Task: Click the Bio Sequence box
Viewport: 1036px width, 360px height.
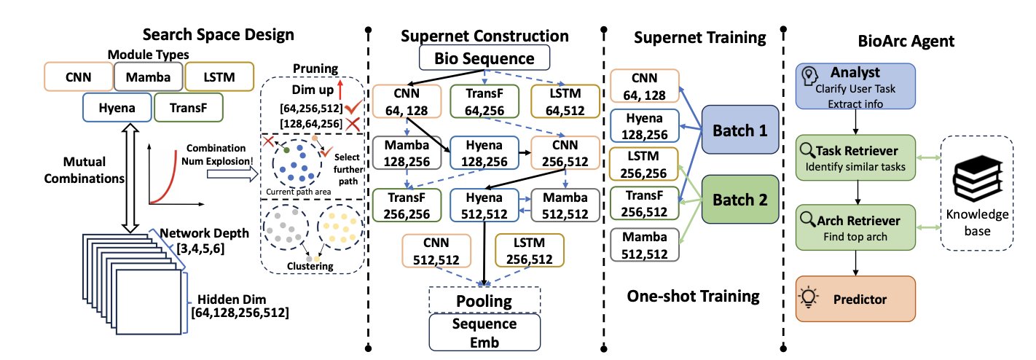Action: pos(484,58)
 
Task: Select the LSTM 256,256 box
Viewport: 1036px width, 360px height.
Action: pos(643,168)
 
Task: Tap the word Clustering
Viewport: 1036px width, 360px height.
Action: pos(310,266)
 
